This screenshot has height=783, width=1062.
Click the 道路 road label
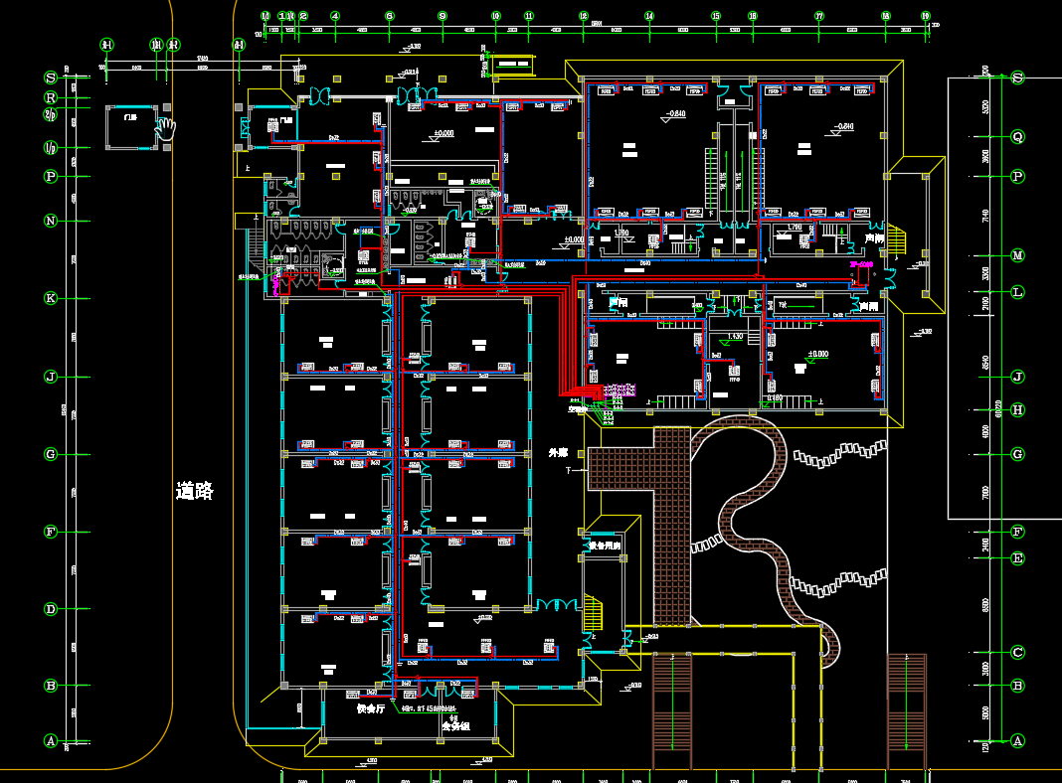195,491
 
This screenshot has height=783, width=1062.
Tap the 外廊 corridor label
559,453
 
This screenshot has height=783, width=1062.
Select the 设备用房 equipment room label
604,546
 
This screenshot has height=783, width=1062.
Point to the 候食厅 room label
371,709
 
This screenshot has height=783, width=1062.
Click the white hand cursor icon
165,127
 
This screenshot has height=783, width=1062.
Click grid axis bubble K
50,298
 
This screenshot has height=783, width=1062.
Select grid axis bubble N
50,221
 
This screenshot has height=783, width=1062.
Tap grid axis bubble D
50,609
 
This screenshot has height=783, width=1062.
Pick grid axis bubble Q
1017,137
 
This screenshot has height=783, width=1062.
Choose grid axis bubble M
1017,255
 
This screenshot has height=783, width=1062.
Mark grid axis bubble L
1017,292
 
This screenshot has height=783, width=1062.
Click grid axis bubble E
1017,558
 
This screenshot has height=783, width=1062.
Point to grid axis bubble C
1017,653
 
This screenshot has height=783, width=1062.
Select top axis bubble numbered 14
649,16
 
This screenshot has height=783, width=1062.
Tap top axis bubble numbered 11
528,16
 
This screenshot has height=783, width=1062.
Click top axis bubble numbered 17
819,16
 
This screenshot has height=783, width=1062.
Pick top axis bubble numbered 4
335,16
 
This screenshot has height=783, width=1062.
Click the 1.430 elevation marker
735,336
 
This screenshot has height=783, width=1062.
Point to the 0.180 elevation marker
773,398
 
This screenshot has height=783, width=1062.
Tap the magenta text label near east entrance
861,265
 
